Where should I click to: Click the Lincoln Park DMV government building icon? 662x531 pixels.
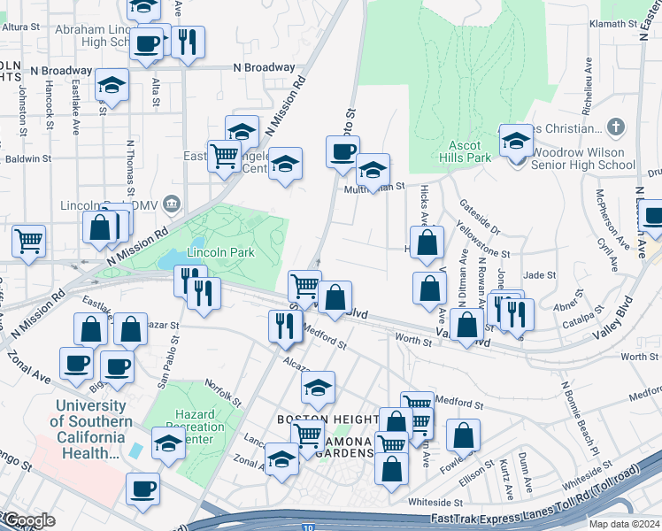click(x=172, y=204)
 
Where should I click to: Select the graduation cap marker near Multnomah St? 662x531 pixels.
click(x=373, y=168)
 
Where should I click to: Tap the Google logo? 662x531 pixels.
click(x=28, y=520)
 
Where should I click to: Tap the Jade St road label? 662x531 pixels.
click(x=538, y=276)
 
